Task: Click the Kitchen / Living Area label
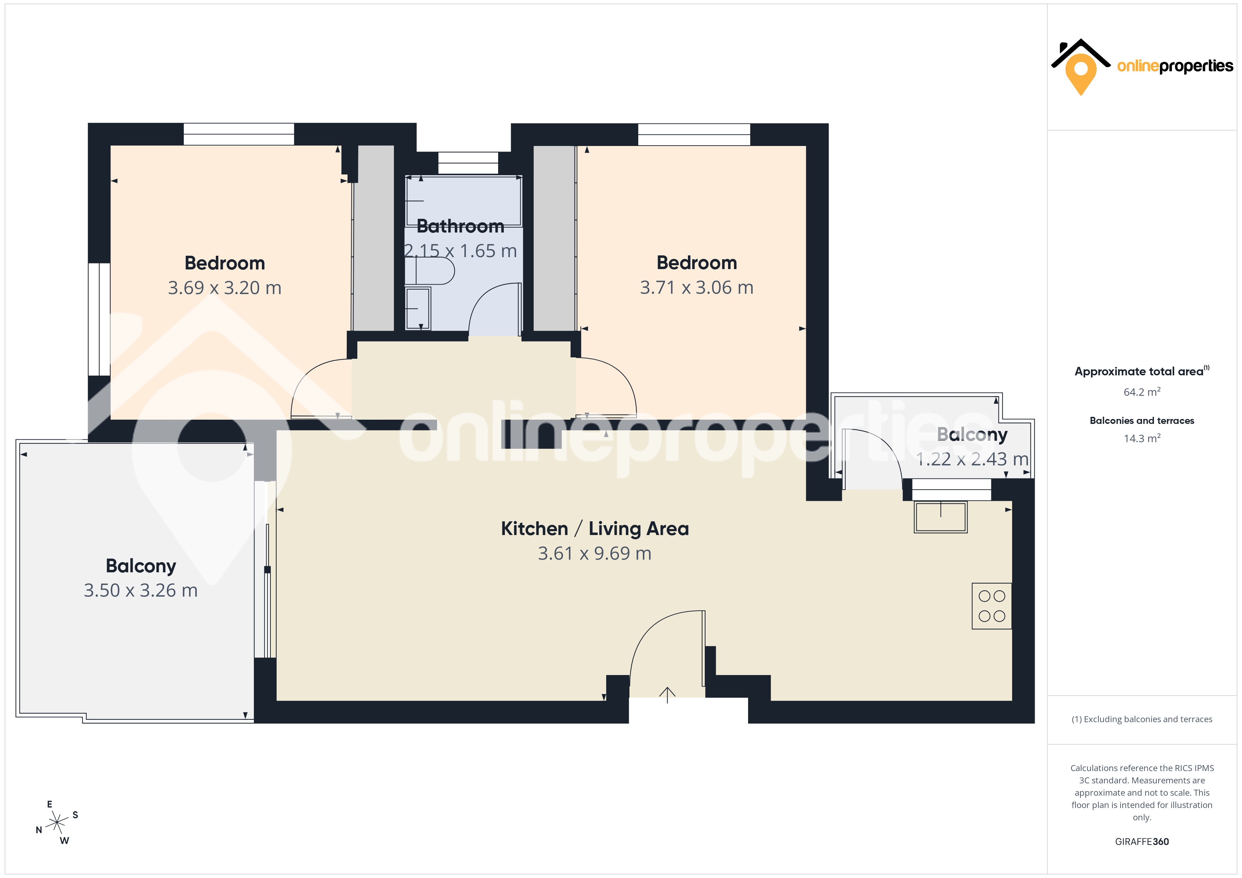click(595, 528)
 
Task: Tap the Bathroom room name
click(460, 226)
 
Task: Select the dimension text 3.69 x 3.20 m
click(225, 288)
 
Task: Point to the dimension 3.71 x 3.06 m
click(697, 288)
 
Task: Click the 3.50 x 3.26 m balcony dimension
click(141, 590)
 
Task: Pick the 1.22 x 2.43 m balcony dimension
click(972, 459)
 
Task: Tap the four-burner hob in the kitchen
click(992, 606)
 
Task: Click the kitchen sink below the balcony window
click(941, 517)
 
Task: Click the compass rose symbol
click(57, 822)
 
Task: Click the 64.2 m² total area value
click(1142, 392)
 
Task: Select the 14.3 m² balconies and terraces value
click(1142, 438)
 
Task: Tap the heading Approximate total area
click(1139, 371)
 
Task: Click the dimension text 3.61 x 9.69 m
click(595, 554)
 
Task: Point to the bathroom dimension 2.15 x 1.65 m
click(460, 251)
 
